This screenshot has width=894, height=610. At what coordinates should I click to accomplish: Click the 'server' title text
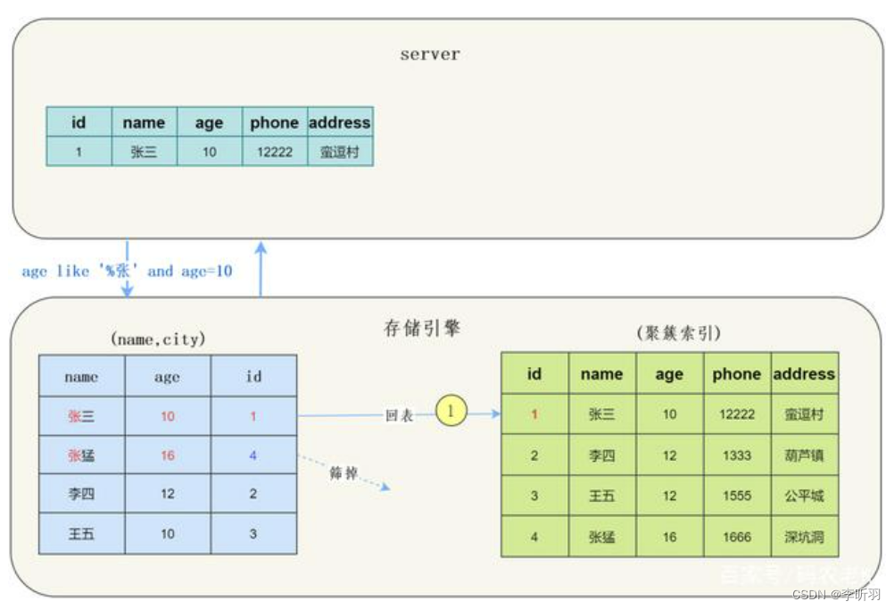[x=429, y=54]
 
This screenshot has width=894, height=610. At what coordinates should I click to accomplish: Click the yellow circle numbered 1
[x=451, y=412]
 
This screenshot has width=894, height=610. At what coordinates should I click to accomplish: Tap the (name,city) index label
[x=158, y=339]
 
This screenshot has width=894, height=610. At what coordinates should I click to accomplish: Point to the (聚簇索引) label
[x=679, y=333]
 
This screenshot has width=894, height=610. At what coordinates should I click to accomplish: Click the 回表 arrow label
[x=398, y=415]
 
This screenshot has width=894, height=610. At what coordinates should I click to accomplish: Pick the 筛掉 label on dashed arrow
[x=344, y=473]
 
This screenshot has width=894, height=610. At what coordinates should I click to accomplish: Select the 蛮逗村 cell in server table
[x=339, y=152]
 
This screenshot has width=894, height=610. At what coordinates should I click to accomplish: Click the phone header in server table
[x=274, y=123]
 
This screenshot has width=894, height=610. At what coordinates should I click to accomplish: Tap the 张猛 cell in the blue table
[x=81, y=455]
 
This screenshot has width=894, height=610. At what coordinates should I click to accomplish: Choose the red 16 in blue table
[x=168, y=455]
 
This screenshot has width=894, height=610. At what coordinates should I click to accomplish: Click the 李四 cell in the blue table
[x=81, y=494]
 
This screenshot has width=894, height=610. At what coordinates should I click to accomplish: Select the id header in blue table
[x=254, y=377]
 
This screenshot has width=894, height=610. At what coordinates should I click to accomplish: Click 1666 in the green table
[x=737, y=537]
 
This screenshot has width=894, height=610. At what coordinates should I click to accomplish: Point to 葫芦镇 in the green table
[x=804, y=455]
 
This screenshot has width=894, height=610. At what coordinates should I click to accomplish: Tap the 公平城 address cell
[x=804, y=496]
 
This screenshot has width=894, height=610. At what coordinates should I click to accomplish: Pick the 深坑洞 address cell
[x=804, y=537]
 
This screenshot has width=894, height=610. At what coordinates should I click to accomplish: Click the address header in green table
[x=804, y=374]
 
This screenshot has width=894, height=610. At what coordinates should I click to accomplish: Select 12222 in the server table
[x=274, y=152]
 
